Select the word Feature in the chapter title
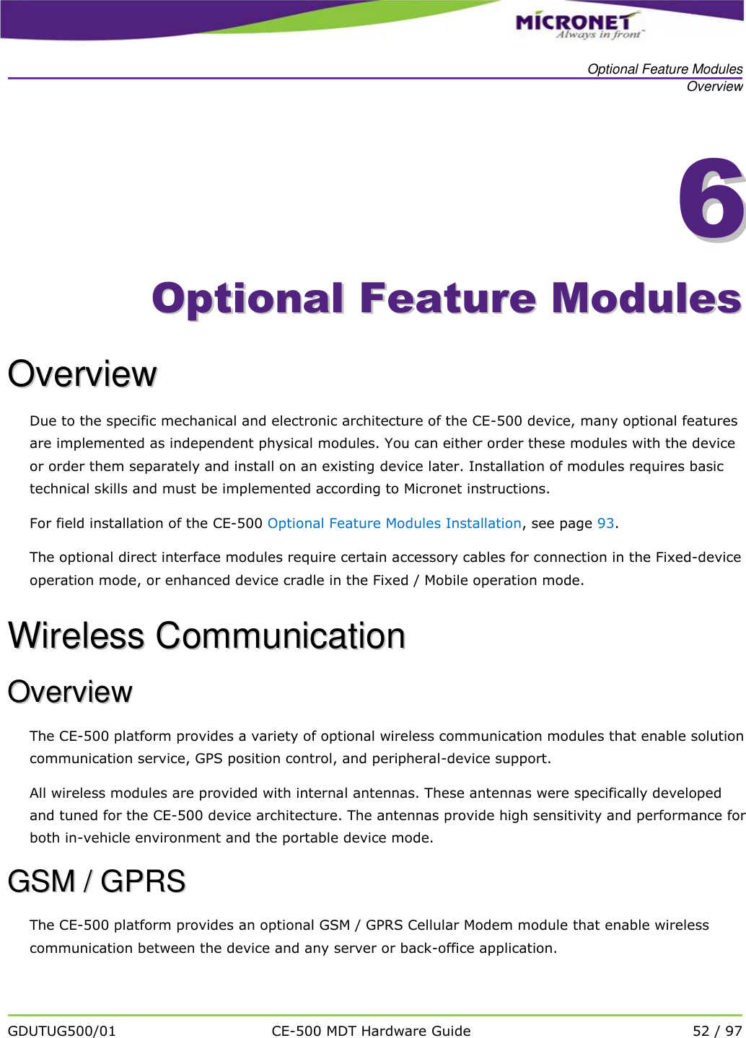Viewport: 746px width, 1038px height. pos(448,299)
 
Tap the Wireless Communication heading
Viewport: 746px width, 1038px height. pos(206,635)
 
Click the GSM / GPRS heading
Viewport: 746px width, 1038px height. pos(97,881)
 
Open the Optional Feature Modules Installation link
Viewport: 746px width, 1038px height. pos(394,523)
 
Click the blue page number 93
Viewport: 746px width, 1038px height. pos(605,523)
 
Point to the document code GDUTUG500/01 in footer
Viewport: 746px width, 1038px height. pos(62,1031)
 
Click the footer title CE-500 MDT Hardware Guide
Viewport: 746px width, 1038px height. pos(371,1031)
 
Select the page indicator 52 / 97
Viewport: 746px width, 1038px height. pos(716,1031)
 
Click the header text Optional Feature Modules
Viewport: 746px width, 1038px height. pos(664,69)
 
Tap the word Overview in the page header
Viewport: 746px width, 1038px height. pos(714,87)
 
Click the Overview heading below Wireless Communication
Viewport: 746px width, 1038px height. pos(70,692)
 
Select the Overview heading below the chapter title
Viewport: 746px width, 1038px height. pos(82,374)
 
